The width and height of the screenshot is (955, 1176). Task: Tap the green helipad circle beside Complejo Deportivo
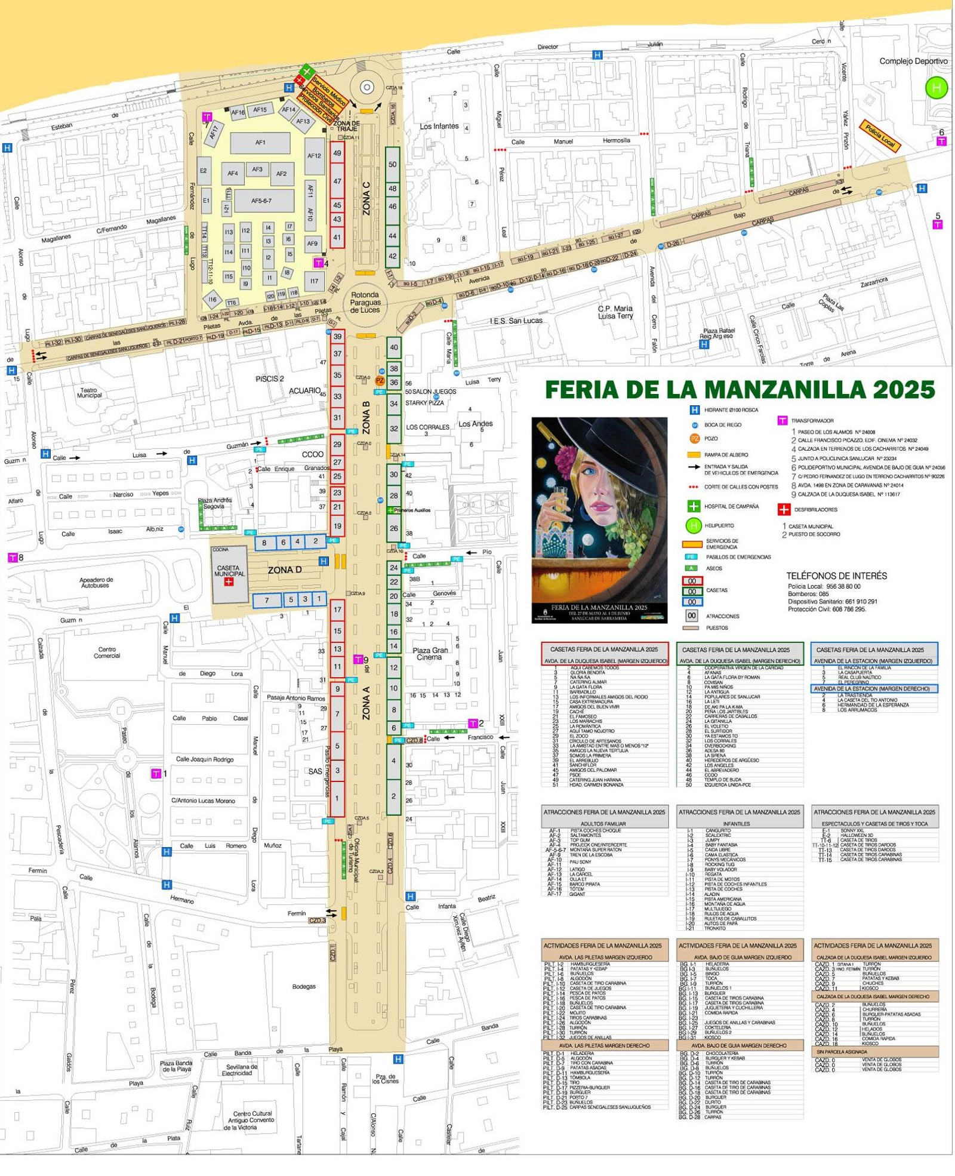(x=935, y=88)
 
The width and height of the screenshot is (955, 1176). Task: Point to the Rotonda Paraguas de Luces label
(x=365, y=303)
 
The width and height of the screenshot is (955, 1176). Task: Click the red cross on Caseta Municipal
(x=228, y=581)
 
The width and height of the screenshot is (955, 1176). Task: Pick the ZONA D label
(x=284, y=570)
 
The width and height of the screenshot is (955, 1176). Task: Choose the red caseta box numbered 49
(x=337, y=153)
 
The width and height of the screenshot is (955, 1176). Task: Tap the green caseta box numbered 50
(x=392, y=164)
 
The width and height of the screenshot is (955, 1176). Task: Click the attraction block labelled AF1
(x=260, y=143)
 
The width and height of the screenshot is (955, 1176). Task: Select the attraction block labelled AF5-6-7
(x=263, y=201)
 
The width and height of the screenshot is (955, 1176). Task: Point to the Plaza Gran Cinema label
(x=430, y=654)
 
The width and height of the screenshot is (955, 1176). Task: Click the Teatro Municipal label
(x=89, y=393)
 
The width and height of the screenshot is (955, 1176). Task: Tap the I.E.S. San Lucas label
(x=516, y=321)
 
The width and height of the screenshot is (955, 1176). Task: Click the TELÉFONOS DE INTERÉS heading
(x=836, y=576)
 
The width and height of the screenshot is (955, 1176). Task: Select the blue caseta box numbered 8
(x=264, y=543)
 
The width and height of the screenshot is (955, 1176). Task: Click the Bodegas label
(x=303, y=987)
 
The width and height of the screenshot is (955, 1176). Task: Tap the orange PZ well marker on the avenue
(x=380, y=380)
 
